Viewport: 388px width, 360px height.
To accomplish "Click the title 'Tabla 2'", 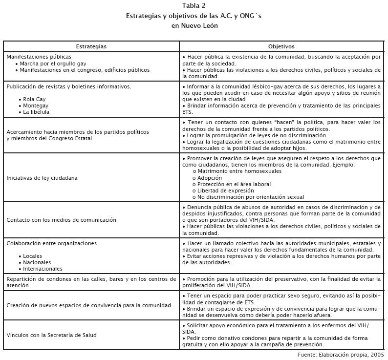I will click(x=194, y=6).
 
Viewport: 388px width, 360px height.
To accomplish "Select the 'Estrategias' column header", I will click(x=91, y=46).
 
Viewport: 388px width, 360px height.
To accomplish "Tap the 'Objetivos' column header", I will click(x=281, y=46).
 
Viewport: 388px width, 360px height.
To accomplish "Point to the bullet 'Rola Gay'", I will click(x=34, y=99).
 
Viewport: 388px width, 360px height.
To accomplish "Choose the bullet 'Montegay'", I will click(x=36, y=106).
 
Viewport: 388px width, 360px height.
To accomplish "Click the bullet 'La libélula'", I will click(x=36, y=112).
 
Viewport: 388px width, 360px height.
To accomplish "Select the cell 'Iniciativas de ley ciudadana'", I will click(x=42, y=178).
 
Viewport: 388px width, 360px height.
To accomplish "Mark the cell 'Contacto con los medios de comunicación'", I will click(x=61, y=220).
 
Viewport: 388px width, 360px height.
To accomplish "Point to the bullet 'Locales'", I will click(x=33, y=256).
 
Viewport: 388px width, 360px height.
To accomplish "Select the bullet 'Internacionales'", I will click(x=43, y=269).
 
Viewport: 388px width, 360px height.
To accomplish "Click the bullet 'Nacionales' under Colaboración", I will click(x=37, y=262).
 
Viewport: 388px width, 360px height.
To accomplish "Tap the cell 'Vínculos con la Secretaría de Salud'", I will click(x=51, y=335).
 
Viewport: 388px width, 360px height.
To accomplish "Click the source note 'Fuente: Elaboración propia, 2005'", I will click(x=341, y=354).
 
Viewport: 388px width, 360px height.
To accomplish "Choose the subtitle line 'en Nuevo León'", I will click(x=194, y=25).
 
